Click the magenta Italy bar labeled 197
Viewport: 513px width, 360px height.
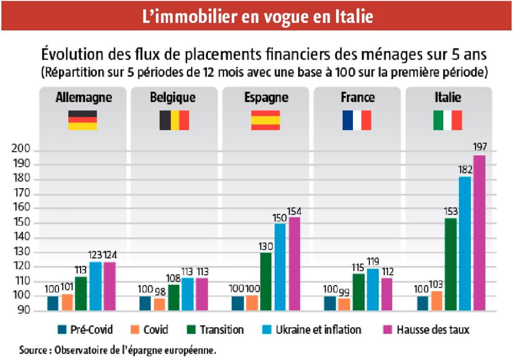pyautogui.click(x=479, y=233)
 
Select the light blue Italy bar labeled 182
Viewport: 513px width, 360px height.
pyautogui.click(x=465, y=244)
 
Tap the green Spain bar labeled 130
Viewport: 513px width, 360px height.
pyautogui.click(x=266, y=282)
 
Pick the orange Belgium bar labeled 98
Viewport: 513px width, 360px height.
pyautogui.click(x=159, y=305)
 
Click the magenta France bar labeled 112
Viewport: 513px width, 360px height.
pyautogui.click(x=387, y=294)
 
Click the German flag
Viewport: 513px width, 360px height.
pyautogui.click(x=83, y=120)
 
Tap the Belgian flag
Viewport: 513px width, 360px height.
pyautogui.click(x=174, y=120)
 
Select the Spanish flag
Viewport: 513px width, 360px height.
pyautogui.click(x=265, y=120)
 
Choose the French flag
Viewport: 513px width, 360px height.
pyautogui.click(x=357, y=120)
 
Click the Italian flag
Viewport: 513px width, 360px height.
pyautogui.click(x=447, y=120)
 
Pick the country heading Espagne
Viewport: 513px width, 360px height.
pyautogui.click(x=266, y=97)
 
